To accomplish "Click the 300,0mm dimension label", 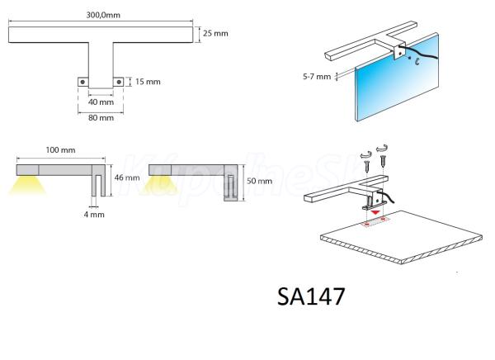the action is pyautogui.click(x=103, y=15).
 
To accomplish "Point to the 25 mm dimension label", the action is pyautogui.click(x=215, y=33).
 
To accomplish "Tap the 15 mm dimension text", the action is pyautogui.click(x=148, y=82).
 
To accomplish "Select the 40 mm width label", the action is pyautogui.click(x=101, y=102).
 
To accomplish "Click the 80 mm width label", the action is pyautogui.click(x=101, y=117).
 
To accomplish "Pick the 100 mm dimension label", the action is pyautogui.click(x=60, y=149).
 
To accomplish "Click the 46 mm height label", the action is pyautogui.click(x=127, y=178).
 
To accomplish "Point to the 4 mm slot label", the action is pyautogui.click(x=94, y=215).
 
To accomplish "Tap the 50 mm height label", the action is pyautogui.click(x=259, y=181).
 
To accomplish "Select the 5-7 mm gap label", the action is pyautogui.click(x=317, y=77).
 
